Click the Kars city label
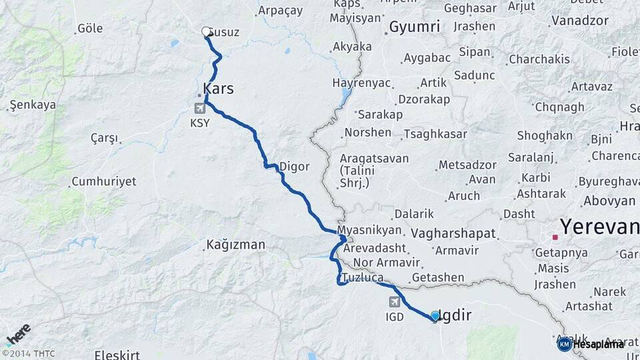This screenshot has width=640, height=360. [219, 89]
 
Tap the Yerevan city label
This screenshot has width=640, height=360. [599, 227]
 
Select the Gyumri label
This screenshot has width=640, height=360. [414, 27]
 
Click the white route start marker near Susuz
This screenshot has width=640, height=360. [207, 31]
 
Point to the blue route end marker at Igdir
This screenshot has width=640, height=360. [435, 316]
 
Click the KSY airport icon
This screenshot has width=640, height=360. [199, 108]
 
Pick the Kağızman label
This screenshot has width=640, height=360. [235, 245]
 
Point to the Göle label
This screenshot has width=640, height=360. [90, 28]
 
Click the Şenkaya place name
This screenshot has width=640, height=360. [32, 105]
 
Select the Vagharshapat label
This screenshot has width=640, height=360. [454, 233]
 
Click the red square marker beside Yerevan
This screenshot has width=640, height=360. [555, 237]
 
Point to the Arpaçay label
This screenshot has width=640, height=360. [280, 11]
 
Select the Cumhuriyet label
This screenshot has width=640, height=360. [103, 181]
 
